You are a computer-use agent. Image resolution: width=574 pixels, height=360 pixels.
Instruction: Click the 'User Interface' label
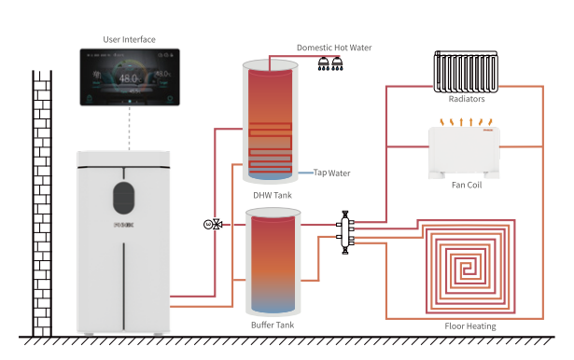coord(129,39)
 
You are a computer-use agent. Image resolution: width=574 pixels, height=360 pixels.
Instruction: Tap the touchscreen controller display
coord(129,78)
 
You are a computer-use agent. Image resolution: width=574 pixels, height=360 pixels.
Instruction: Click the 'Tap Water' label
coord(332,173)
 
